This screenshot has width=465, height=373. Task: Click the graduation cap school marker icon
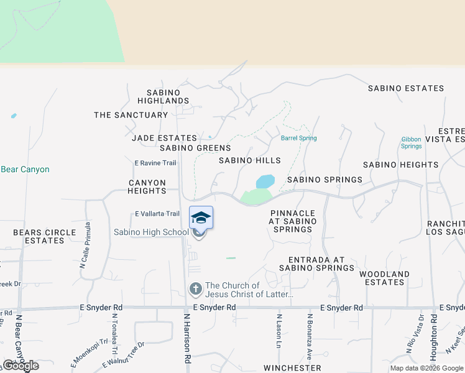tap(201, 218)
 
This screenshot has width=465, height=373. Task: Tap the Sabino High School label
tap(151, 233)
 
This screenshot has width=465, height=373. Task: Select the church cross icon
tap(196, 288)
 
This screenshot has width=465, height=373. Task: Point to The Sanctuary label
tap(131, 115)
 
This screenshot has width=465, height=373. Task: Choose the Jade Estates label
tap(164, 138)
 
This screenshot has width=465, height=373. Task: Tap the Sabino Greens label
tap(195, 148)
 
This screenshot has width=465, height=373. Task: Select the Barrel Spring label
tap(299, 138)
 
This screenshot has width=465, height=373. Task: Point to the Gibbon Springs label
tap(412, 143)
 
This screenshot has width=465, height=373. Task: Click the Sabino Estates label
tap(406, 88)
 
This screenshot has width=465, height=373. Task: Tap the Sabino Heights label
tap(401, 165)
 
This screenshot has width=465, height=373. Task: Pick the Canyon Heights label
tap(147, 186)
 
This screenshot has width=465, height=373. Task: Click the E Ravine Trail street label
tap(155, 163)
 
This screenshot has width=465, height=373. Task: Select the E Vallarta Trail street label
tap(157, 214)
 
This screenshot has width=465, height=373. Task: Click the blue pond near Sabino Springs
tap(265, 182)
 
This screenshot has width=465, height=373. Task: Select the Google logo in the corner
tap(21, 366)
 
